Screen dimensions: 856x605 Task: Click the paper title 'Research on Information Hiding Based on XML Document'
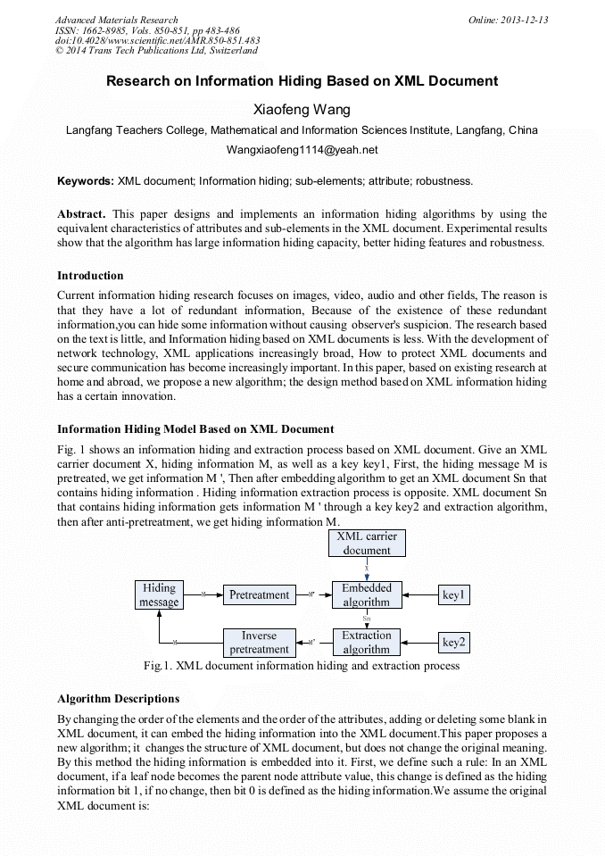pyautogui.click(x=302, y=81)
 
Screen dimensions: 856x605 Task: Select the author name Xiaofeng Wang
pyautogui.click(x=302, y=110)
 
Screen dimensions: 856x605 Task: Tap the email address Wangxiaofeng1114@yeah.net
pyautogui.click(x=302, y=150)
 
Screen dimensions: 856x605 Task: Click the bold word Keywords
pyautogui.click(x=85, y=180)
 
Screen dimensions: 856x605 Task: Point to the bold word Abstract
pyautogui.click(x=81, y=214)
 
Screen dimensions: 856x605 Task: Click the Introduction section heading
pyautogui.click(x=90, y=275)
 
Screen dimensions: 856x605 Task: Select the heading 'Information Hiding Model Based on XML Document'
pyautogui.click(x=195, y=428)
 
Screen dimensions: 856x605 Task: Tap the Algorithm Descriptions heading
pyautogui.click(x=118, y=698)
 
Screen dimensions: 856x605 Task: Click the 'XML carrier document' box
pyautogui.click(x=367, y=544)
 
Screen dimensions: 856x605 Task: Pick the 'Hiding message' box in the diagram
pyautogui.click(x=159, y=595)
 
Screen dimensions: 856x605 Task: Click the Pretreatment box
pyautogui.click(x=259, y=594)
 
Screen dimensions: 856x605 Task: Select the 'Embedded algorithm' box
pyautogui.click(x=367, y=595)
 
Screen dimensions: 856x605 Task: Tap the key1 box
pyautogui.click(x=454, y=595)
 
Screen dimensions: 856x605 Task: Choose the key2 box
pyautogui.click(x=454, y=642)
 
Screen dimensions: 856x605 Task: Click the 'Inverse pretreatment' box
pyautogui.click(x=259, y=643)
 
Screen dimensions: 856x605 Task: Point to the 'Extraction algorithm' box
pyautogui.click(x=367, y=643)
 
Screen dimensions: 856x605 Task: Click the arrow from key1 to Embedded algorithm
pyautogui.click(x=418, y=595)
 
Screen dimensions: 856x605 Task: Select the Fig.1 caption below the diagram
pyautogui.click(x=302, y=666)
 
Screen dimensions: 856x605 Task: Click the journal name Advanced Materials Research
pyautogui.click(x=116, y=20)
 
